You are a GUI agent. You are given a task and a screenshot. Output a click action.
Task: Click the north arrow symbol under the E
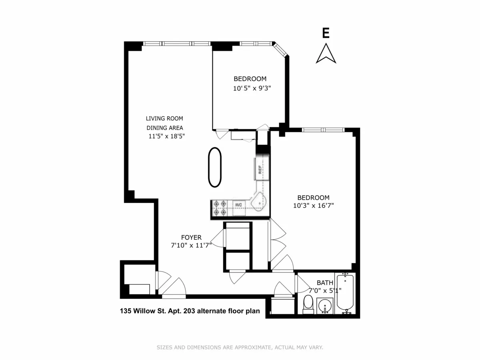click(326, 54)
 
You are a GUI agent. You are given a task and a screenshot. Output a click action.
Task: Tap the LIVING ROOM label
click(164, 118)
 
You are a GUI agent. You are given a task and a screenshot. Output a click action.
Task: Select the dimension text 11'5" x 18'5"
click(166, 136)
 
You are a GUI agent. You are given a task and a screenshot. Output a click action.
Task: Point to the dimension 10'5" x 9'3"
click(252, 88)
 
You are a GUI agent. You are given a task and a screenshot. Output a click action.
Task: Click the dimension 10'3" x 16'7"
click(313, 206)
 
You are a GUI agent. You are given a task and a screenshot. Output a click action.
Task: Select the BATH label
click(325, 282)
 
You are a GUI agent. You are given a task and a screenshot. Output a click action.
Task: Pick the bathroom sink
click(325, 306)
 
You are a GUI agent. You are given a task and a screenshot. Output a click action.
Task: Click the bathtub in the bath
click(345, 294)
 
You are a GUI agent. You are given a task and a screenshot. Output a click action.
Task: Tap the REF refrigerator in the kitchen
click(260, 168)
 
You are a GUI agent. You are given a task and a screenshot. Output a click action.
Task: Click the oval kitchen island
click(215, 167)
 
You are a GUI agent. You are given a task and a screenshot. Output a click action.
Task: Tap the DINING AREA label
click(164, 128)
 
